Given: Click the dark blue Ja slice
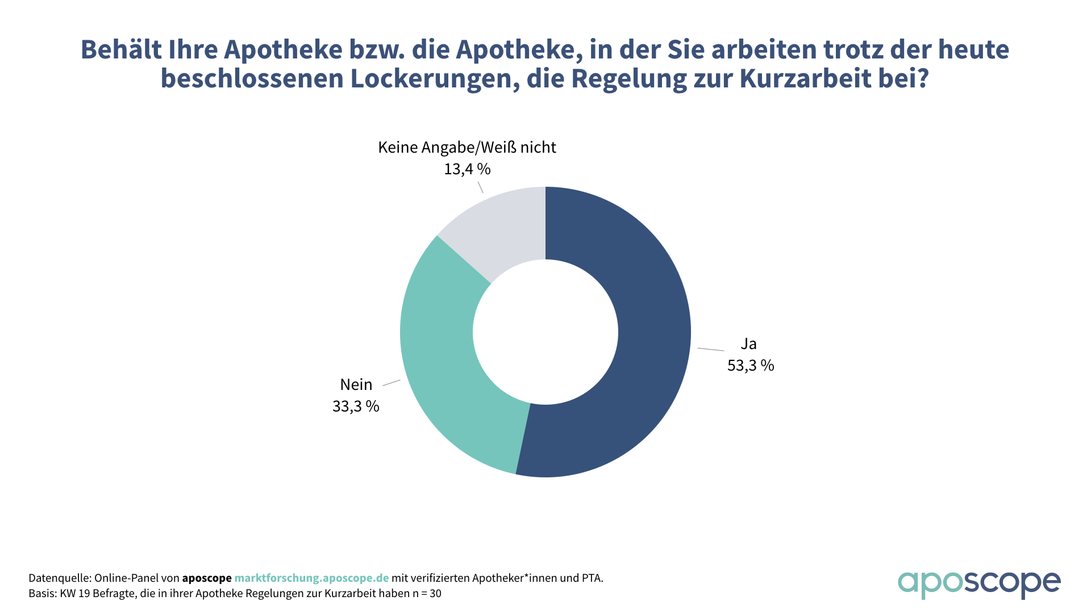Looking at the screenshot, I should (x=648, y=341).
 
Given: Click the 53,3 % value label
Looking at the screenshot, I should (x=751, y=366).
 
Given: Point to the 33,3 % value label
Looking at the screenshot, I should (x=356, y=406).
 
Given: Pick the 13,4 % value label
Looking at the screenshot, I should (x=467, y=169).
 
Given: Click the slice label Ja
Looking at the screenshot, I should (x=748, y=344).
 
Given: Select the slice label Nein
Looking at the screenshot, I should (x=356, y=385).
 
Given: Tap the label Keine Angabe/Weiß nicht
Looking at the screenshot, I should (x=467, y=148).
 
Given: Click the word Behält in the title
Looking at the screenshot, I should (x=120, y=50).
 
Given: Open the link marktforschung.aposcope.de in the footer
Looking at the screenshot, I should (x=311, y=578).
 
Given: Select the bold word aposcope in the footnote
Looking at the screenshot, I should (x=207, y=578).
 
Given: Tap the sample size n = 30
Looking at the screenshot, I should (x=427, y=594).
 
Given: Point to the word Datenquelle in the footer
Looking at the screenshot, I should (x=59, y=578).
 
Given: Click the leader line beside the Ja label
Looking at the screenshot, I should (x=710, y=349).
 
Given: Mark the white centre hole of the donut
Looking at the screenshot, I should (x=545, y=332).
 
